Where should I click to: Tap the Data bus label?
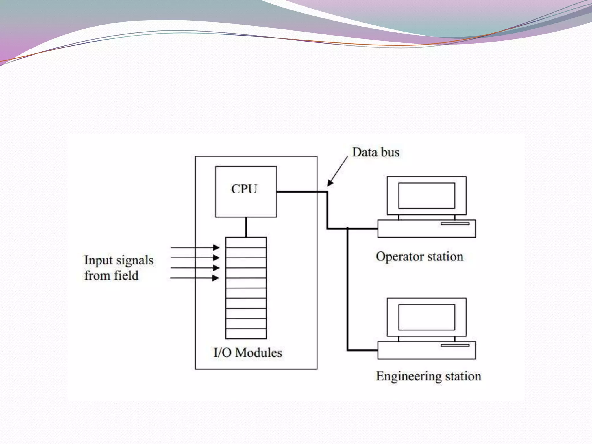pyautogui.click(x=375, y=152)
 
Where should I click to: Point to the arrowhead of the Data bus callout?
pyautogui.click(x=330, y=183)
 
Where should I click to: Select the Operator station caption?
pyautogui.click(x=419, y=257)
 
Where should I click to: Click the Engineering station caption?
pyautogui.click(x=428, y=376)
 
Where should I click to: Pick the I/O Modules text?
pyautogui.click(x=248, y=353)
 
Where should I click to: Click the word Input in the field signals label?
pyautogui.click(x=98, y=260)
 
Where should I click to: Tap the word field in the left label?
pyautogui.click(x=126, y=275)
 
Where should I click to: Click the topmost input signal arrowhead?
pyautogui.click(x=216, y=247)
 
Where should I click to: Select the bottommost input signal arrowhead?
pyautogui.click(x=216, y=278)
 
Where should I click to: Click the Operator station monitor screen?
pyautogui.click(x=426, y=195)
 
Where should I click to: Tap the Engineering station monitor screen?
pyautogui.click(x=426, y=317)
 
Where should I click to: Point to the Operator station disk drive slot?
pyautogui.click(x=455, y=224)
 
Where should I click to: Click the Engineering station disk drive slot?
pyautogui.click(x=455, y=345)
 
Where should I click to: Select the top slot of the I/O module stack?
pyautogui.click(x=246, y=243)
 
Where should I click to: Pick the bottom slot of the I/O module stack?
pyautogui.click(x=246, y=334)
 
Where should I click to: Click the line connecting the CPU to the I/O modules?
pyautogui.click(x=246, y=227)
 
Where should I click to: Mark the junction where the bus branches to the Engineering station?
pyautogui.click(x=347, y=229)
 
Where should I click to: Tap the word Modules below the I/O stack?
pyautogui.click(x=258, y=353)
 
